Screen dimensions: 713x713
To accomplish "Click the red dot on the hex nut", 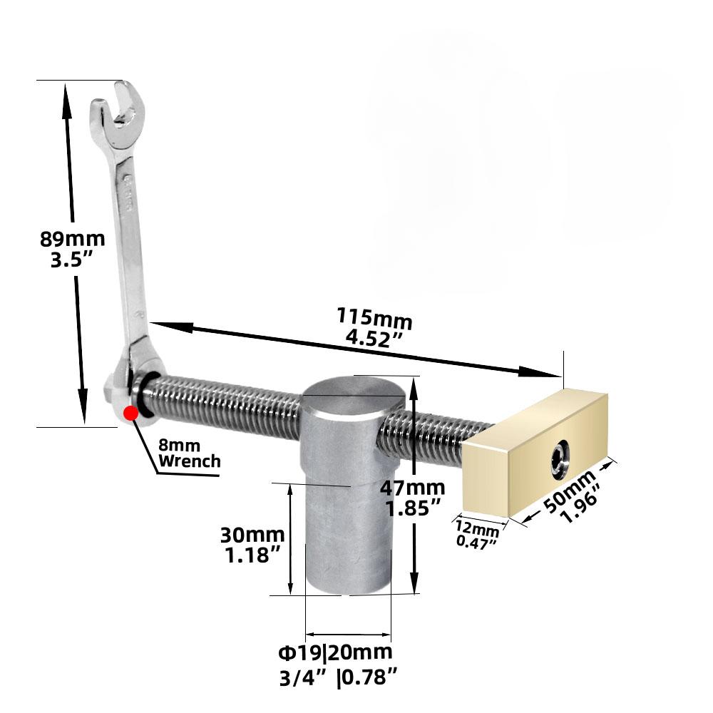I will tap(130, 413).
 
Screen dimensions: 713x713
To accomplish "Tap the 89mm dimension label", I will tap(72, 239).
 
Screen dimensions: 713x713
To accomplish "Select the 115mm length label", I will tap(375, 318).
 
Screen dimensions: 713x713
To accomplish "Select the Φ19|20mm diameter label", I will tap(335, 652).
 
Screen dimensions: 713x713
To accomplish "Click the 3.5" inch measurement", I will tap(73, 260).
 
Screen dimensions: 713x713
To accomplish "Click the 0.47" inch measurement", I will tap(477, 541).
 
